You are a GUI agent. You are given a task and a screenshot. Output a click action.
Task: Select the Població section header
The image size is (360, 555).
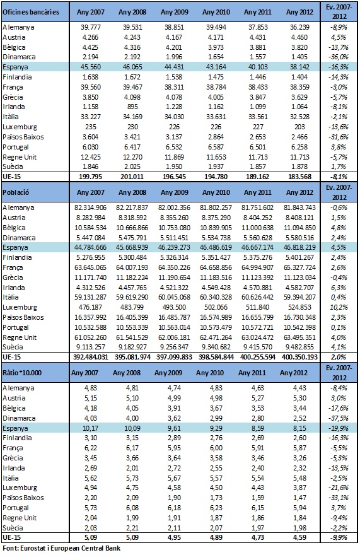pyautogui.click(x=16, y=192)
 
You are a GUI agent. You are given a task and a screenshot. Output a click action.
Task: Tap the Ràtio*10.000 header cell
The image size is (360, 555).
pyautogui.click(x=22, y=373)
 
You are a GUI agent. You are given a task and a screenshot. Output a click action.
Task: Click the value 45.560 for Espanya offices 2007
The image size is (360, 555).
pyautogui.click(x=91, y=67)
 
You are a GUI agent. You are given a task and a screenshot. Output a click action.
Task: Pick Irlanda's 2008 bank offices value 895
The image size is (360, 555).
pyautogui.click(x=132, y=107)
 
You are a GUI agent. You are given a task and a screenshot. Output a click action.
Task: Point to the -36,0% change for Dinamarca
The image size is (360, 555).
pyautogui.click(x=339, y=57)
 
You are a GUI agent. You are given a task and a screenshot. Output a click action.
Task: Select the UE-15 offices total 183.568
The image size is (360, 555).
pyautogui.click(x=299, y=177)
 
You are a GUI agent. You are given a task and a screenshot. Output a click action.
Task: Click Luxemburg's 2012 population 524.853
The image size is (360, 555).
pyautogui.click(x=299, y=307)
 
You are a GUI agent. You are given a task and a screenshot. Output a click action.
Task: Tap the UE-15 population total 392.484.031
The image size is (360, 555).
pyautogui.click(x=91, y=357)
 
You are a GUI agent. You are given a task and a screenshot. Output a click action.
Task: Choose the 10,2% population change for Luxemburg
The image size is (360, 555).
pyautogui.click(x=339, y=307)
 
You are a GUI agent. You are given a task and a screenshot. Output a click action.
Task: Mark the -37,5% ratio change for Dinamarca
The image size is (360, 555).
pyautogui.click(x=339, y=418)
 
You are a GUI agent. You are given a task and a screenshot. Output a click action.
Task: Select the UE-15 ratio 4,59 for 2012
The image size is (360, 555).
pyautogui.click(x=299, y=537)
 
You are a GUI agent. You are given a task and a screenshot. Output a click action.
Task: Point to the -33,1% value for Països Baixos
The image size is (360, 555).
pyautogui.click(x=339, y=498)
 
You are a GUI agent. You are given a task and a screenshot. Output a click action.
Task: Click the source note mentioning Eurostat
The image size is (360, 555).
pyautogui.click(x=61, y=548)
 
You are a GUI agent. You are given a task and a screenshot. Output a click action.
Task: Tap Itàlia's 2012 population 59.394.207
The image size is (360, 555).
pyautogui.click(x=299, y=297)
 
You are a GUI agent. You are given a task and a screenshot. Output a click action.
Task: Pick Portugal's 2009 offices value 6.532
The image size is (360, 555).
pyautogui.click(x=174, y=147)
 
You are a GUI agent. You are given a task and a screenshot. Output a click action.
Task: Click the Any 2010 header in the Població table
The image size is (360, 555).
pyautogui.click(x=216, y=192)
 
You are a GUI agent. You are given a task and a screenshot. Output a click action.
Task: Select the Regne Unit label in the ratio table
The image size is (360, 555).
pyautogui.click(x=20, y=518)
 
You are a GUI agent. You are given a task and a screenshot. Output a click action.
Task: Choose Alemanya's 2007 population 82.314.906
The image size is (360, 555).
pyautogui.click(x=91, y=207)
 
